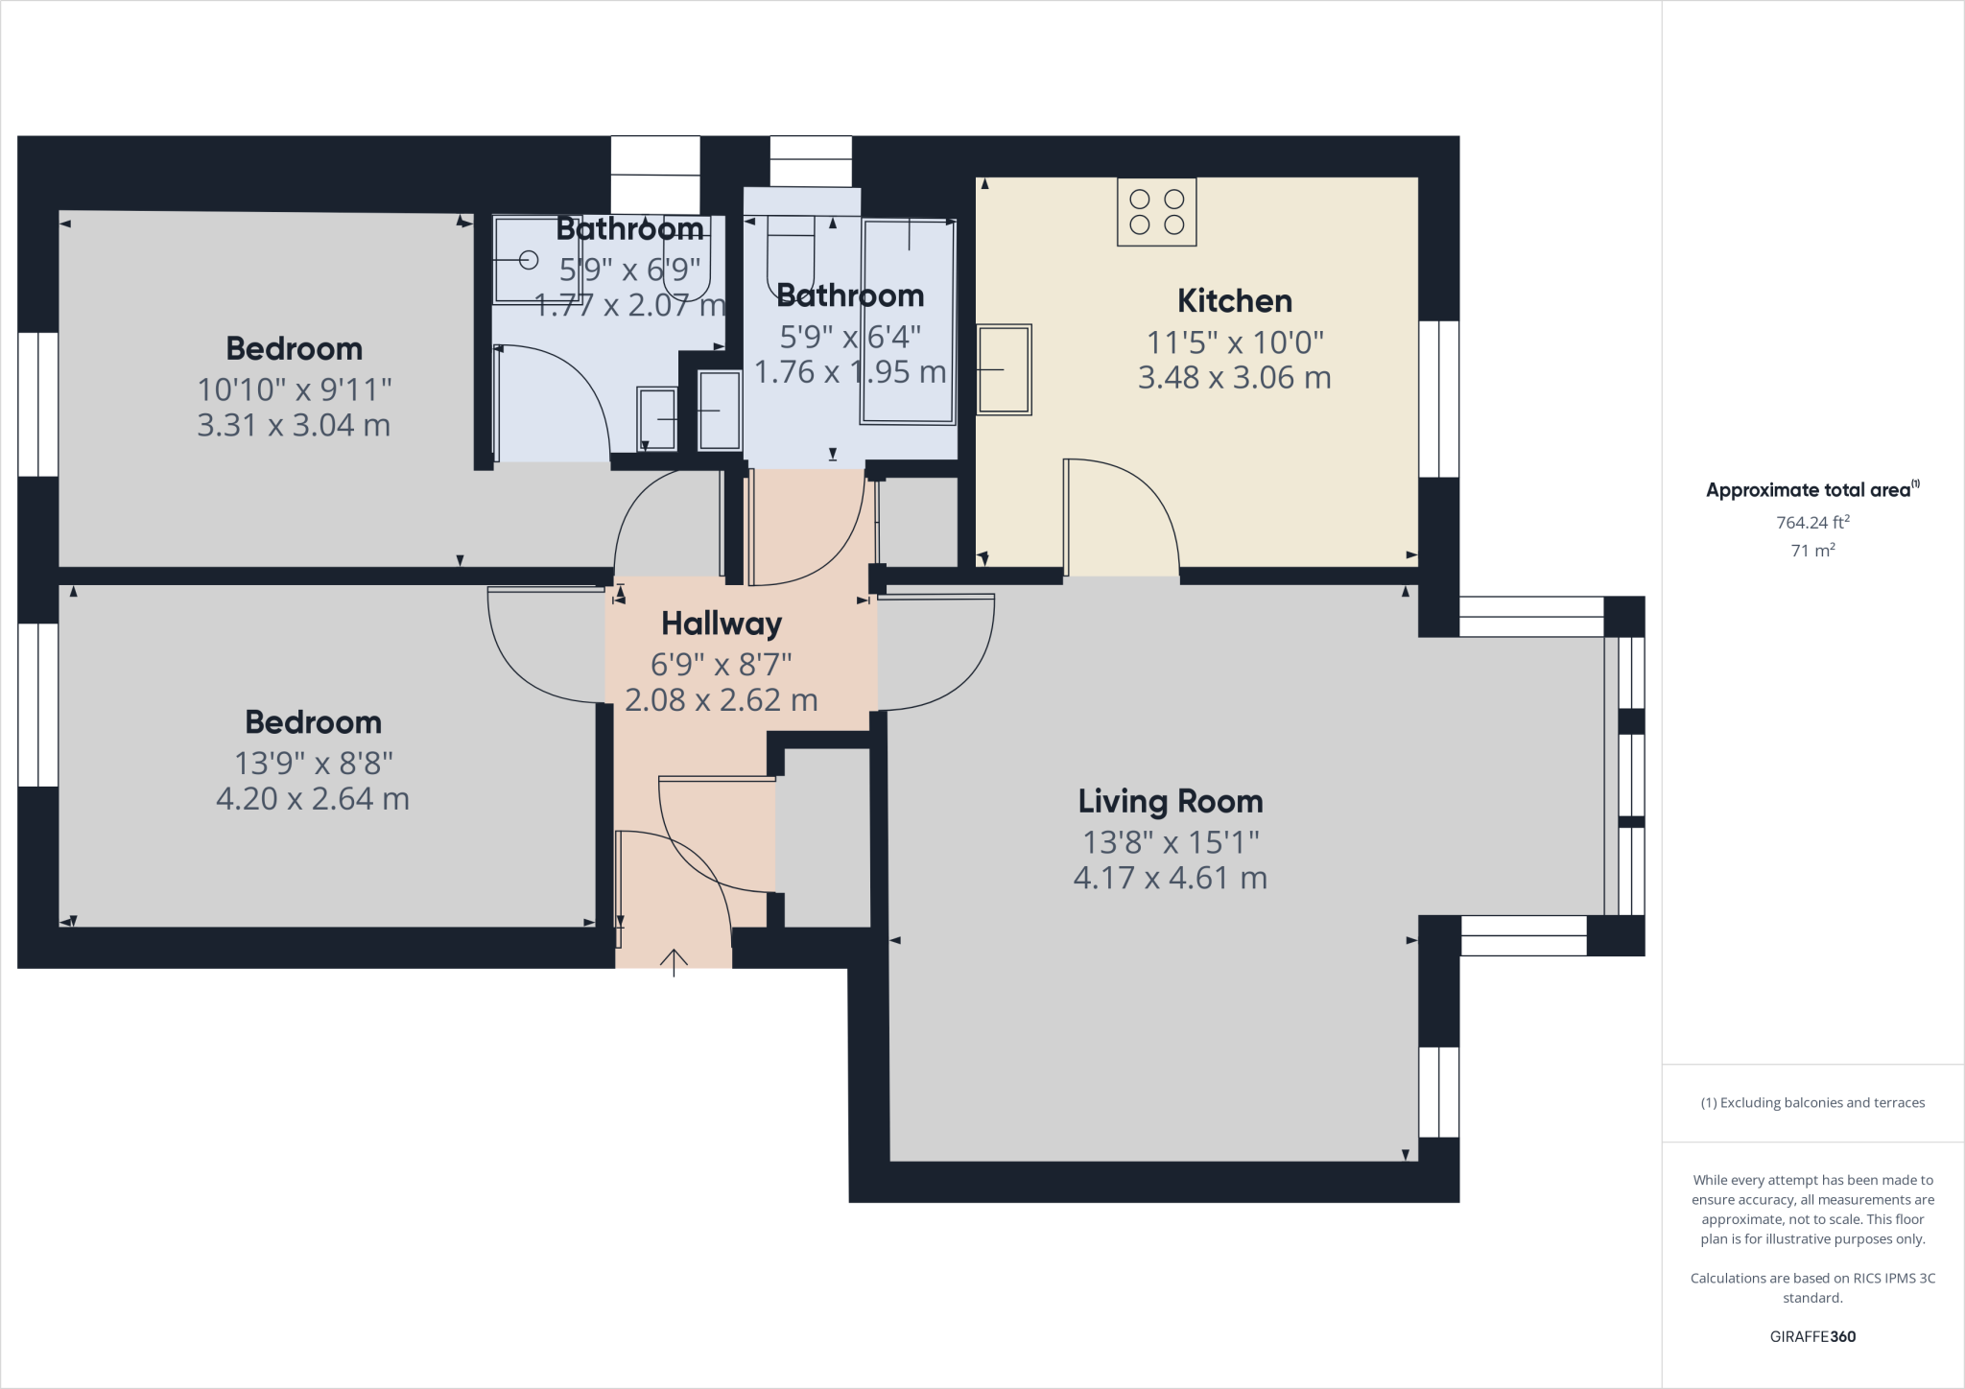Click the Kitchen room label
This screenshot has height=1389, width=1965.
[1234, 301]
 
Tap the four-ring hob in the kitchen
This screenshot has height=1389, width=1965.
[1156, 212]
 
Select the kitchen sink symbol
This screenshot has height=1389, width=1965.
[1004, 369]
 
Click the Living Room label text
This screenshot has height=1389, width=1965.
[1170, 801]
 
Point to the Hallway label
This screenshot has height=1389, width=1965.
[722, 624]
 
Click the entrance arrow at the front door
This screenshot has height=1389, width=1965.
[674, 961]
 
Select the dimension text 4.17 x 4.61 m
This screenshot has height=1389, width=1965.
[1170, 878]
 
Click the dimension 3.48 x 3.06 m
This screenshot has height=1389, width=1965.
[1234, 378]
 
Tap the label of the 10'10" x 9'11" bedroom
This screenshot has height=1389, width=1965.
[294, 348]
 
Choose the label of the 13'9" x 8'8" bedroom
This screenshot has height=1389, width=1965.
[313, 722]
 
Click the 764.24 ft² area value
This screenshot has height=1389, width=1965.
[1812, 523]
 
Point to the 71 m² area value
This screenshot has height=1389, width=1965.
[1812, 551]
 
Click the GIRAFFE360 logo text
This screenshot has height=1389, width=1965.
[1812, 1336]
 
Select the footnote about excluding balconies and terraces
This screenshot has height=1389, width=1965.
[1812, 1103]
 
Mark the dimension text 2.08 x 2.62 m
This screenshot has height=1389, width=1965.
[722, 700]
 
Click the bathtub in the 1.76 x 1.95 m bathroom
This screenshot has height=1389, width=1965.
[908, 321]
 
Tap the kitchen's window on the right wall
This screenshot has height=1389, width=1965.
[1438, 398]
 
